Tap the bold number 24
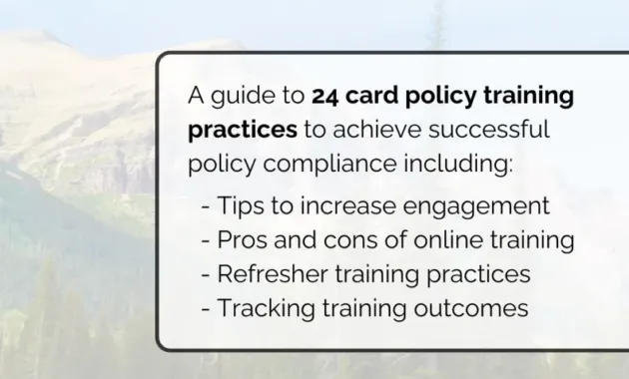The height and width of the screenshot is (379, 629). point(326,97)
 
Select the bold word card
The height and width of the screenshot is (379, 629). point(372,97)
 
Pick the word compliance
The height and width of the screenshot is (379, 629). point(311,165)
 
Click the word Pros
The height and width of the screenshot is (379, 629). point(243,240)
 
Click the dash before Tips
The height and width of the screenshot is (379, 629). point(206,207)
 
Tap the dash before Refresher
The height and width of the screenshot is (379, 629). point(206,275)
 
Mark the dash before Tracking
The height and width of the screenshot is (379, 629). point(206,309)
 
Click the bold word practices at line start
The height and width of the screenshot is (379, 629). point(243,132)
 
